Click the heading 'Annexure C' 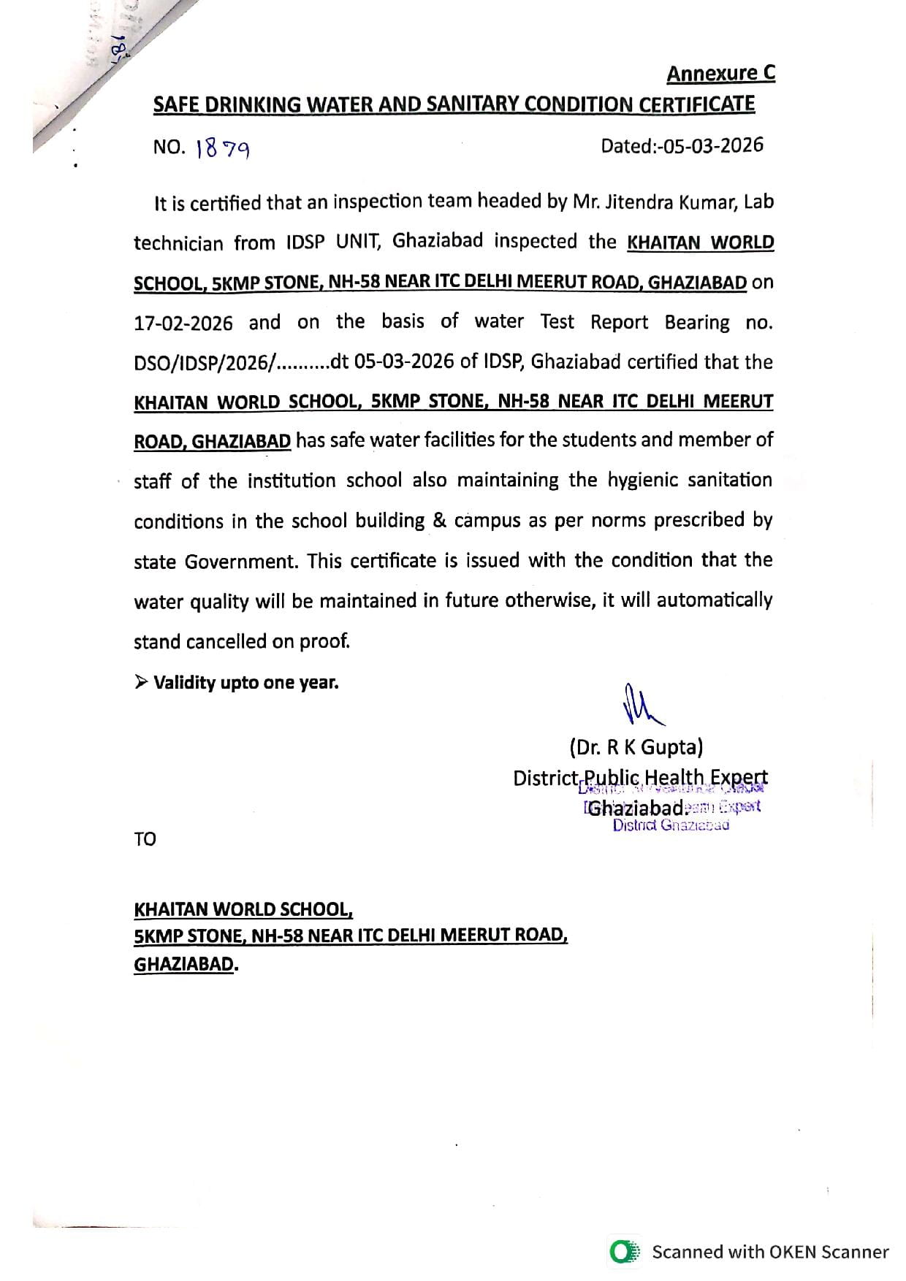point(720,74)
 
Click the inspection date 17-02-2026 point(183,323)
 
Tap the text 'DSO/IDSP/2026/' point(203,363)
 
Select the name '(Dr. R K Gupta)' point(636,747)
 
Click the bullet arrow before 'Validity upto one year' point(140,683)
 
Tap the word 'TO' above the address point(145,839)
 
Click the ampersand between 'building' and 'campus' point(439,521)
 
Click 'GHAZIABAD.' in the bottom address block point(186,964)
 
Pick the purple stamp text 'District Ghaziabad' point(671,825)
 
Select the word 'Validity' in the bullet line point(184,683)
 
